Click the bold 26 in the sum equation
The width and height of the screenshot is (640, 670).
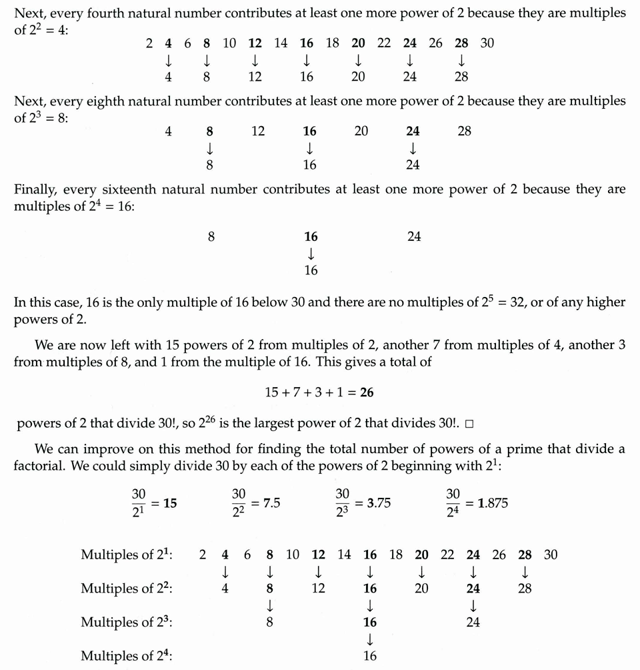pos(367,392)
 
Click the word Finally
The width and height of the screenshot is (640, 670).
pos(35,189)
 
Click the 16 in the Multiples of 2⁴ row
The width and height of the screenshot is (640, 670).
pos(370,656)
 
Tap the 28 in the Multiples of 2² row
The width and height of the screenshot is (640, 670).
pos(525,589)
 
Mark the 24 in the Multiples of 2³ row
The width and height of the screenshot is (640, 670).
pos(473,622)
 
